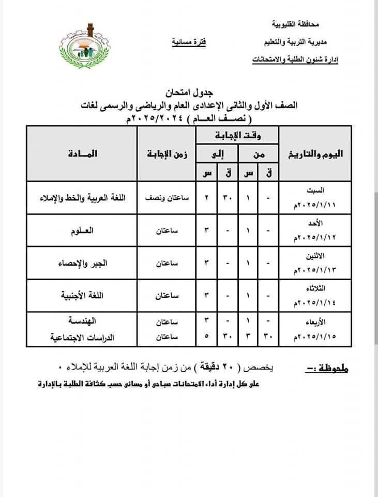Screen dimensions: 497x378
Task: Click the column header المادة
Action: [x=82, y=154]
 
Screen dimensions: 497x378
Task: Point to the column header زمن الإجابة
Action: [x=166, y=154]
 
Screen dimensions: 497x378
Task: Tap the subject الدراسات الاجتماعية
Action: [x=82, y=337]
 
